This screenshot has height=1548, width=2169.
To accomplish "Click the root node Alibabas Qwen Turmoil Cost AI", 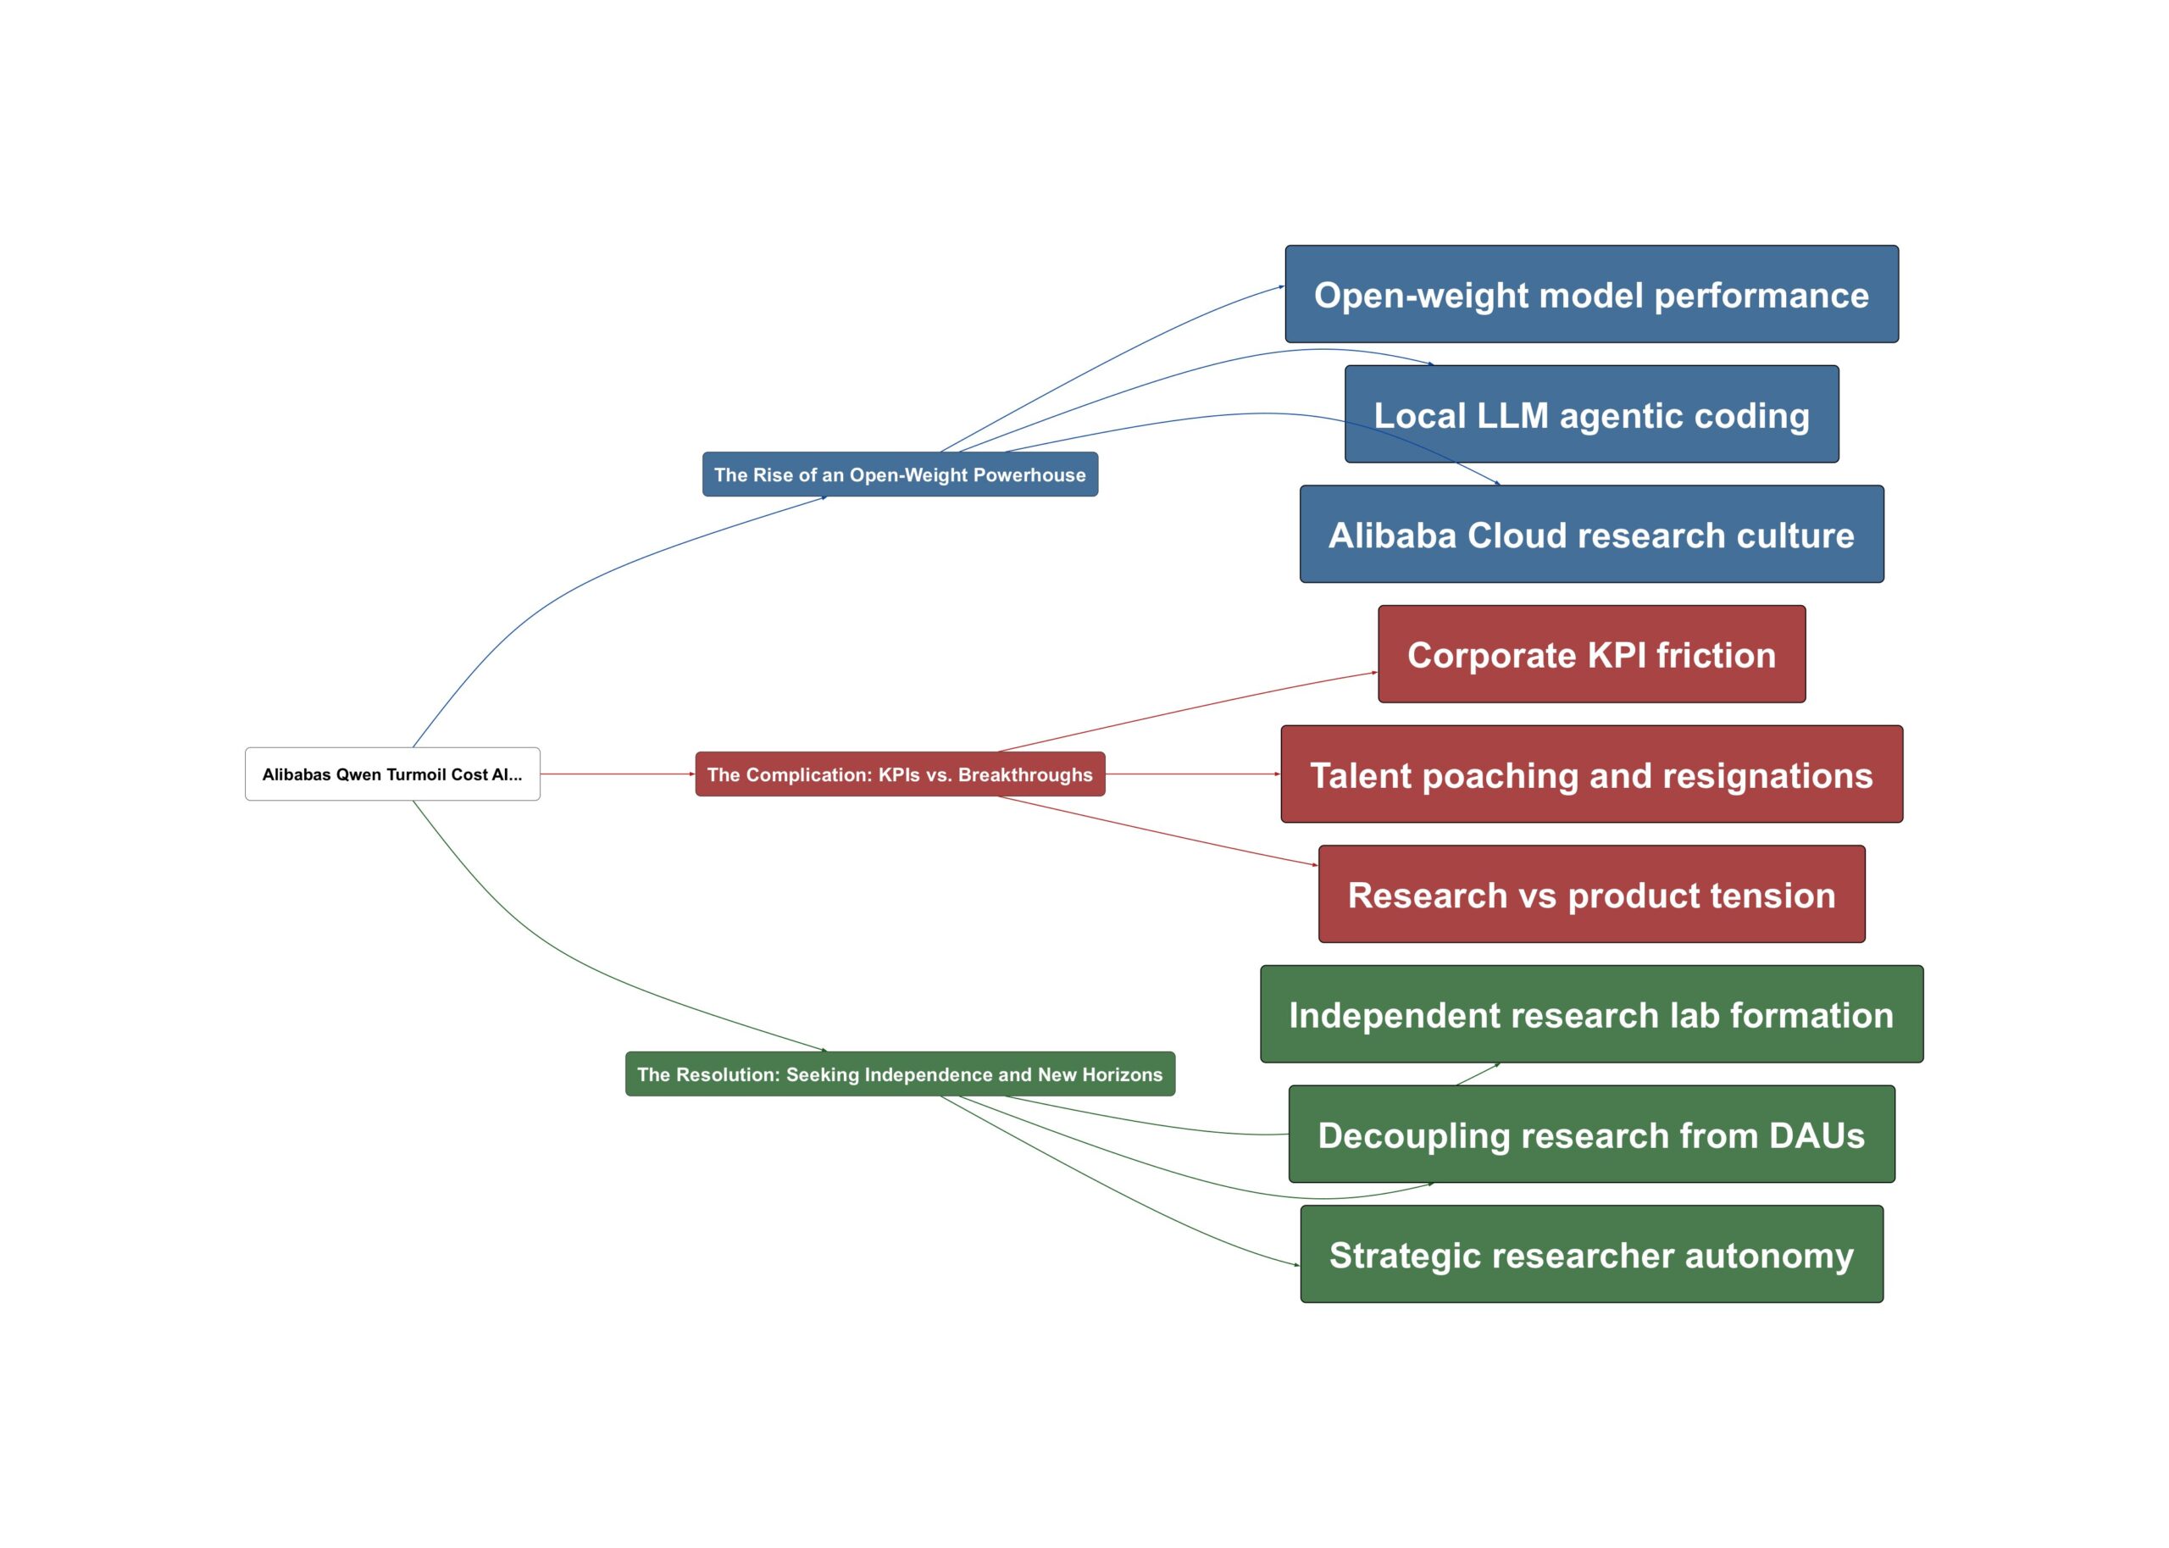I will (x=391, y=774).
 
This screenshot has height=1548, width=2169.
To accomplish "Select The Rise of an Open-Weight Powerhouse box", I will (x=900, y=474).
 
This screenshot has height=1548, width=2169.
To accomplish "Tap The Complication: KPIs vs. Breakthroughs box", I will (x=900, y=774).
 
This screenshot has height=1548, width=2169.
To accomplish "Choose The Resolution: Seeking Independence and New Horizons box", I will (x=900, y=1074).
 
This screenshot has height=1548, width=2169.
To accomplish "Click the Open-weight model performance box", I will (x=1590, y=295).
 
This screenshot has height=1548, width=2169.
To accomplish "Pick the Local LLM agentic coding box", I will (x=1590, y=414).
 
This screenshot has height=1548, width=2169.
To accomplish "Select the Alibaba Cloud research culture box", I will (x=1590, y=535).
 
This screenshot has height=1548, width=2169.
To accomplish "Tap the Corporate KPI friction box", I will (x=1590, y=655).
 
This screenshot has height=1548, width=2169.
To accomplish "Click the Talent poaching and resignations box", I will (x=1590, y=775).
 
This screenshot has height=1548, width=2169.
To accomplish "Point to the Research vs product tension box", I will (x=1590, y=895).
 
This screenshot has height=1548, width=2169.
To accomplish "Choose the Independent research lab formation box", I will (x=1590, y=1014).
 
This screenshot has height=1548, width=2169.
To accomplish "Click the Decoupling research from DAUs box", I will (x=1590, y=1135).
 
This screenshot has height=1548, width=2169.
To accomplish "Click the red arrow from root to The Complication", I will (x=617, y=774).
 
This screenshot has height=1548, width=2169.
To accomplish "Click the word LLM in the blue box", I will (x=1506, y=415).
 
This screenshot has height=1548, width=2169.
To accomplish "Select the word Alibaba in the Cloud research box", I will (x=1392, y=535).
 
